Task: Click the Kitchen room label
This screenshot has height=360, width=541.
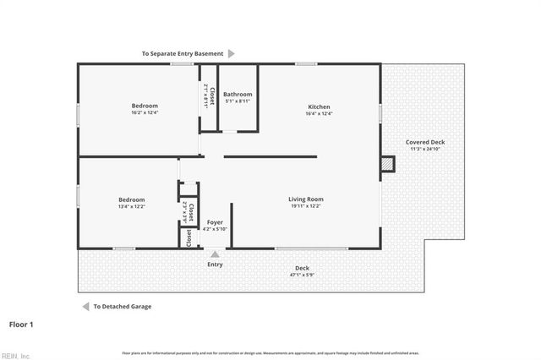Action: (x=319, y=106)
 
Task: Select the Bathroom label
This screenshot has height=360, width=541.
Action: (x=238, y=95)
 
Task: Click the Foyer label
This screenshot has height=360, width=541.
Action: (x=216, y=222)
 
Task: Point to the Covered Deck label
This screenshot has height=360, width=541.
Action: (x=425, y=142)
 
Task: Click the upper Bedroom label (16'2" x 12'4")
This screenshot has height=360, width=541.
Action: (x=145, y=105)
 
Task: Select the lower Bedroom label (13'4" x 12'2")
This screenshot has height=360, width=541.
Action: (x=132, y=199)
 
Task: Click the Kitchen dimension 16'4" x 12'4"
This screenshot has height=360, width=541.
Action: (x=319, y=114)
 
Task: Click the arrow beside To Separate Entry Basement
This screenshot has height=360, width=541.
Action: (x=232, y=53)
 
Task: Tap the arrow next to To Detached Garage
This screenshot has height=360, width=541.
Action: (x=85, y=307)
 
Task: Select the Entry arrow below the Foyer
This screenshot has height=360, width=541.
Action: (x=216, y=254)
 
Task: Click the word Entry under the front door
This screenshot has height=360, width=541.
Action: (x=216, y=265)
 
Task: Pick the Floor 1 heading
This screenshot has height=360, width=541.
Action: (x=21, y=324)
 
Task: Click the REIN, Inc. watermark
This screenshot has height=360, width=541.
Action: (x=15, y=355)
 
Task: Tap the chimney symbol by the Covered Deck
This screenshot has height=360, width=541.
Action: (x=387, y=164)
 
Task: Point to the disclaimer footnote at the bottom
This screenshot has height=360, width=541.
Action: (x=270, y=352)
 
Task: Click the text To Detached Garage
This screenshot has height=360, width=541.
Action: (x=123, y=307)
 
